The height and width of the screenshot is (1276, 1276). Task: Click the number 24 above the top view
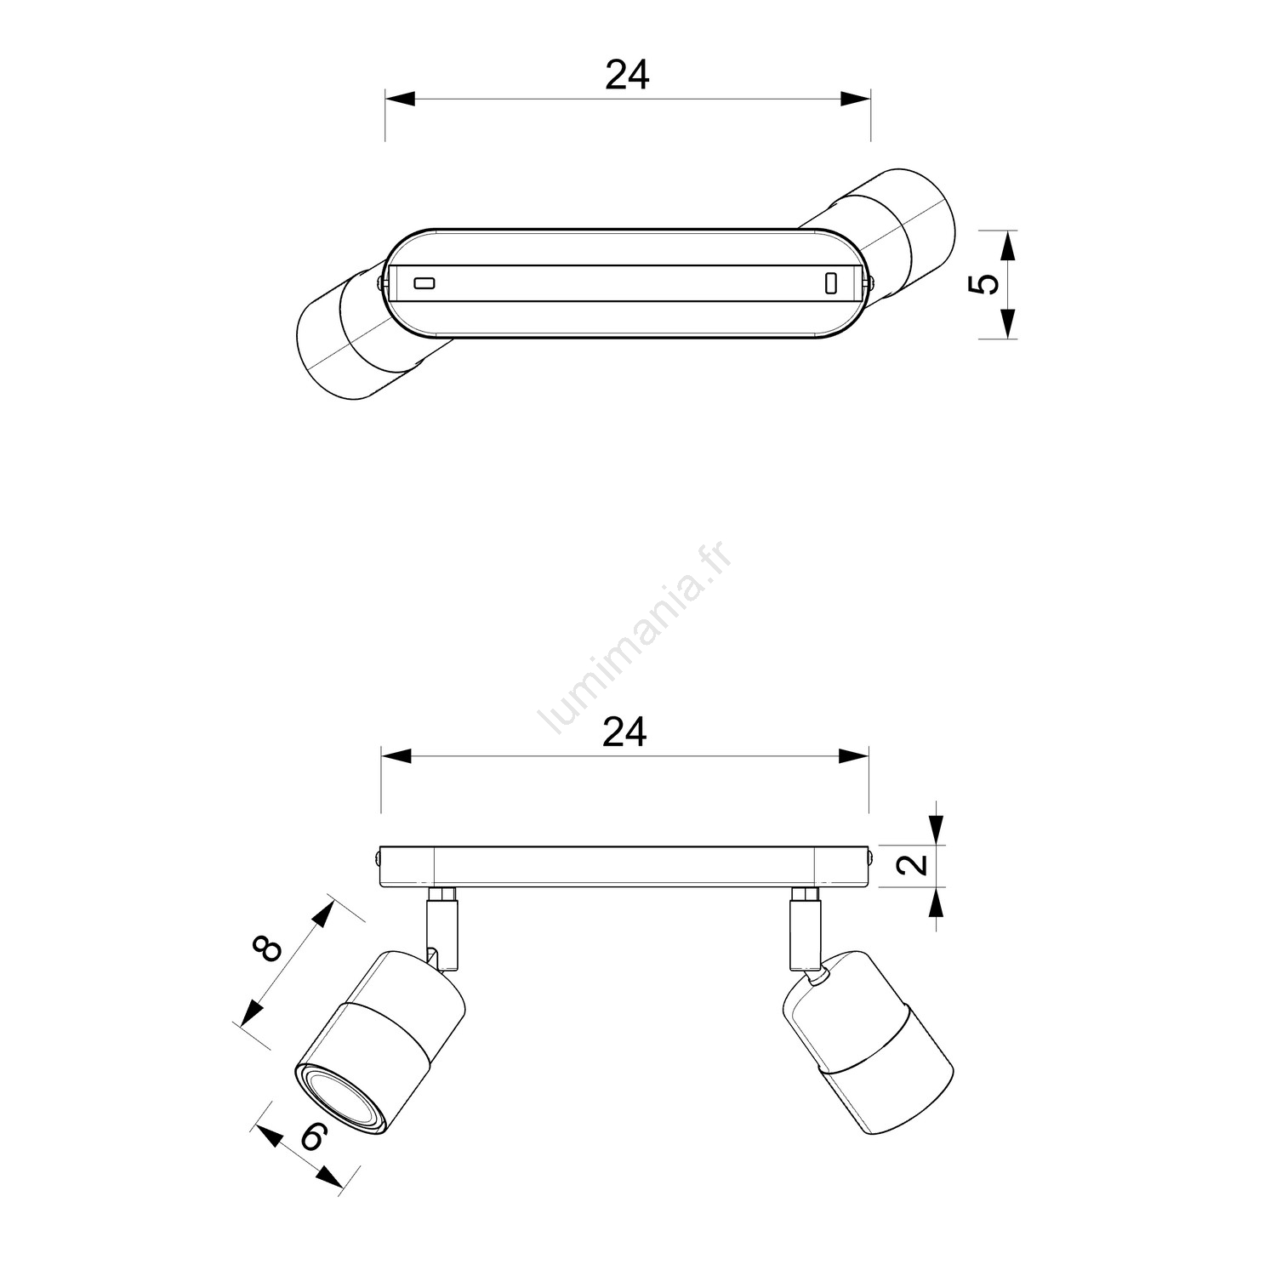coord(627,75)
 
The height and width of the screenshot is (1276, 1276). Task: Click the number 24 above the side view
coord(624,732)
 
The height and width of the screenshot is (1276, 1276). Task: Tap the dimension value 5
coord(984,284)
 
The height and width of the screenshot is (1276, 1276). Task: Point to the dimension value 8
coord(268,948)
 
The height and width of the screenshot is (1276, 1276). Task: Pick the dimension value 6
coord(313,1136)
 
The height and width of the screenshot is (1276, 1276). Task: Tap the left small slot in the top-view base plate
coord(424,282)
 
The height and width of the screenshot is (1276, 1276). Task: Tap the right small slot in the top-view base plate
coord(831,283)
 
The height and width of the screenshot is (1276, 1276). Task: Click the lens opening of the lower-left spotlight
coord(339,1099)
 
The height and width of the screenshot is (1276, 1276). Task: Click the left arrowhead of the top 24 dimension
coord(400,99)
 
